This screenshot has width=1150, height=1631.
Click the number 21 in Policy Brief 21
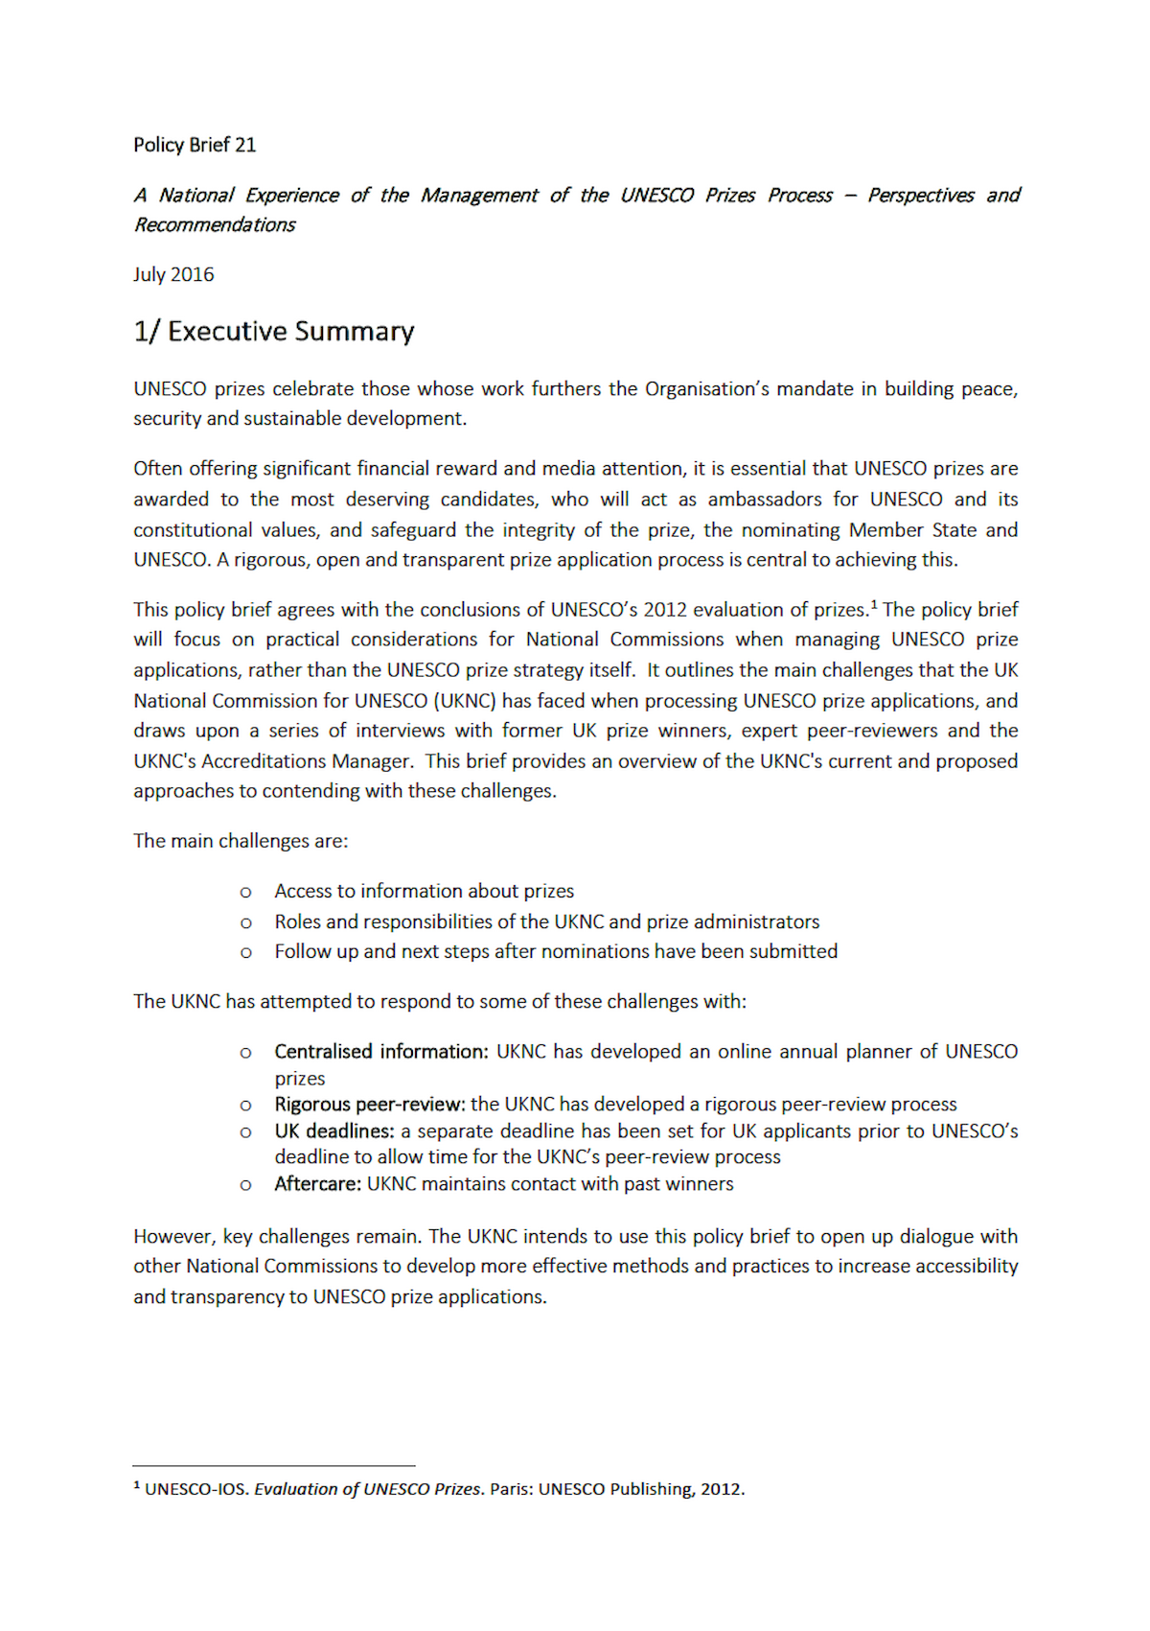coord(245,145)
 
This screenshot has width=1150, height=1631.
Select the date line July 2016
coord(173,274)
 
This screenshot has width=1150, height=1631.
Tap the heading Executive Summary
coord(290,331)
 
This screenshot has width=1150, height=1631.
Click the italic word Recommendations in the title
coord(215,224)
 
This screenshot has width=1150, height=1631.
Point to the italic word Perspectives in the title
coord(921,195)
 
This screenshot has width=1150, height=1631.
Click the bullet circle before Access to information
coord(246,892)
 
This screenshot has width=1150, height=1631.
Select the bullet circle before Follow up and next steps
coord(246,952)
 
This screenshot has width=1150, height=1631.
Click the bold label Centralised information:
coord(381,1051)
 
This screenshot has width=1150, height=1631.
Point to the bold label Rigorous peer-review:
coord(370,1104)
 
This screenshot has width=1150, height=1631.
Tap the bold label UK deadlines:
coord(334,1130)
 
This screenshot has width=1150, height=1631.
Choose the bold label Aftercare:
coord(318,1183)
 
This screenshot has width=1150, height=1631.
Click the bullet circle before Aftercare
coord(246,1184)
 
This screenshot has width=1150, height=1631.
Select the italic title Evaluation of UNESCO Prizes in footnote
coord(368,1489)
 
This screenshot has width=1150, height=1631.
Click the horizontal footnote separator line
coord(273,1465)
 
